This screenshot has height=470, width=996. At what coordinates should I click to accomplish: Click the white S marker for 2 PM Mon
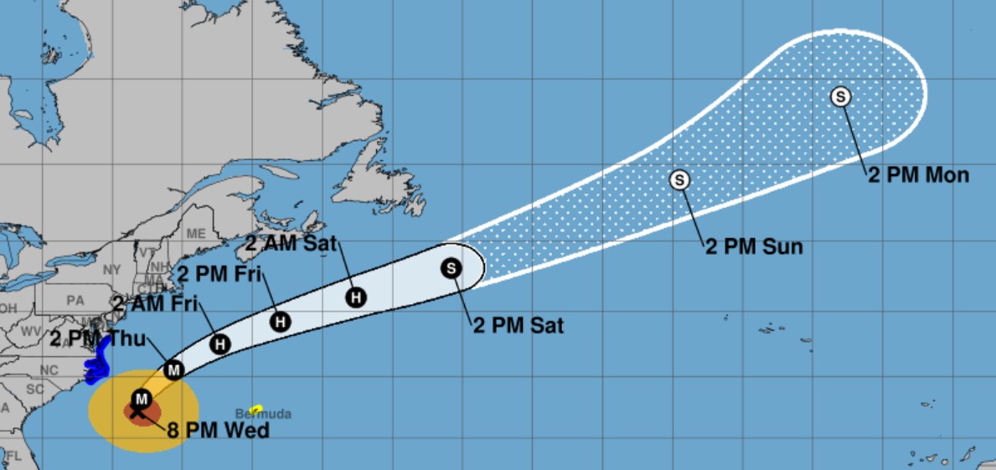click(840, 96)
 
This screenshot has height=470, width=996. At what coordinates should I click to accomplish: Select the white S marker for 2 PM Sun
click(679, 179)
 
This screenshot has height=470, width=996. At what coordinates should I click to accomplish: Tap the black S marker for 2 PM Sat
click(452, 268)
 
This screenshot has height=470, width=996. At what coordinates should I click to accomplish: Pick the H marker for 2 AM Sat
click(356, 297)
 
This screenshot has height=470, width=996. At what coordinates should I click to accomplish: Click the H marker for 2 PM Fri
click(281, 321)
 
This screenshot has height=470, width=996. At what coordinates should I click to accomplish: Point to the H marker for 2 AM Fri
click(220, 343)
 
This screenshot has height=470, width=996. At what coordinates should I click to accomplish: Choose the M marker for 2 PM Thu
click(173, 369)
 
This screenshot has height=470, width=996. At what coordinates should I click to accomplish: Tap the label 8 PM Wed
click(218, 431)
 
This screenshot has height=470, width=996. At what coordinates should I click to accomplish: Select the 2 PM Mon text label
click(918, 176)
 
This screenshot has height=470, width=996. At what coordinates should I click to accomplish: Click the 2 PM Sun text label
click(754, 246)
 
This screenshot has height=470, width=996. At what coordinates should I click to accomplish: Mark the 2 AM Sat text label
click(291, 245)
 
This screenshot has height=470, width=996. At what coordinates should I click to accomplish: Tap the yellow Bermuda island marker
click(256, 407)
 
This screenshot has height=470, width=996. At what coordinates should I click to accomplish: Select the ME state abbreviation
click(196, 233)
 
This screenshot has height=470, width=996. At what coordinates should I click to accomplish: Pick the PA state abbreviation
click(75, 299)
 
